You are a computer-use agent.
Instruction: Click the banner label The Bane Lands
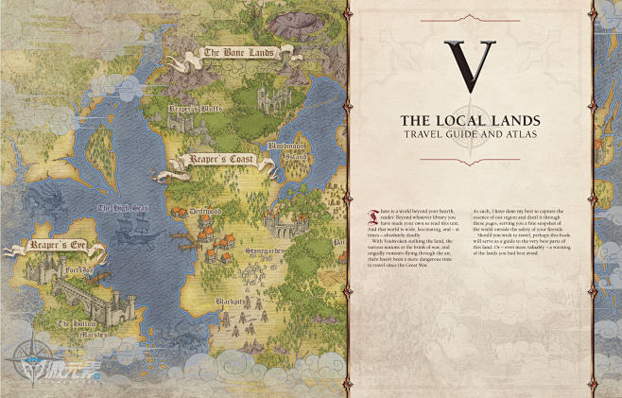coord(238,54)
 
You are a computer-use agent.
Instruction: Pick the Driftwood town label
coord(205,213)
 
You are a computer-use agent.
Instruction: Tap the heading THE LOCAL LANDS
coord(469,121)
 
